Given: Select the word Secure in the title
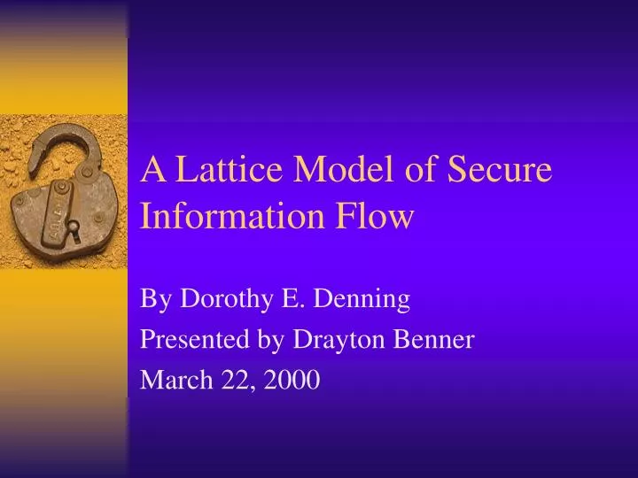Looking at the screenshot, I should pos(503,170).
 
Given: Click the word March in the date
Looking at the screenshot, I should pos(170,381).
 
